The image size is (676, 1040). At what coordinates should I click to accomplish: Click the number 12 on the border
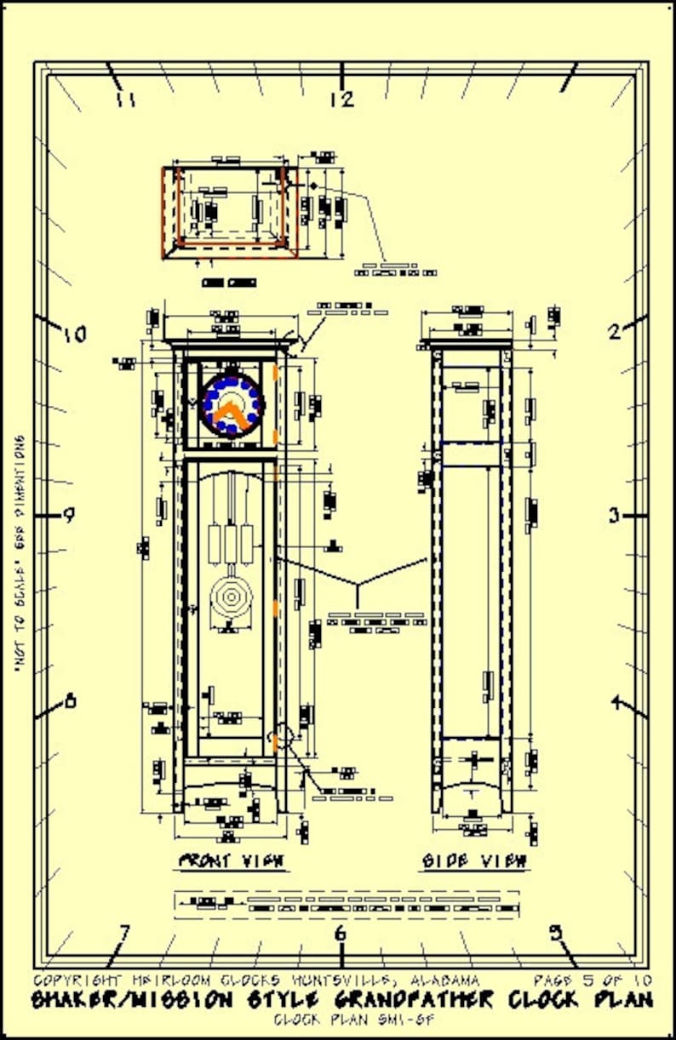coord(341,100)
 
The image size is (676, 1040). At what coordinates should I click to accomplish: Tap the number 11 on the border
coord(127,100)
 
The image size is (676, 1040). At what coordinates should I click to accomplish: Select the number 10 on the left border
coord(75,334)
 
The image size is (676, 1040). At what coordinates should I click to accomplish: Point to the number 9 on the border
coord(70,515)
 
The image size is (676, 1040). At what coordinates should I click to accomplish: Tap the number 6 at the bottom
coord(341,934)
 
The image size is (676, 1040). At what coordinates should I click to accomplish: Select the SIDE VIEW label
coord(475,860)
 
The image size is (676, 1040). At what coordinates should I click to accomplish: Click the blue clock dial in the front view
coord(232,404)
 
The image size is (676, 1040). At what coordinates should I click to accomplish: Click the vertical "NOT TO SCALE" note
coord(19,555)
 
